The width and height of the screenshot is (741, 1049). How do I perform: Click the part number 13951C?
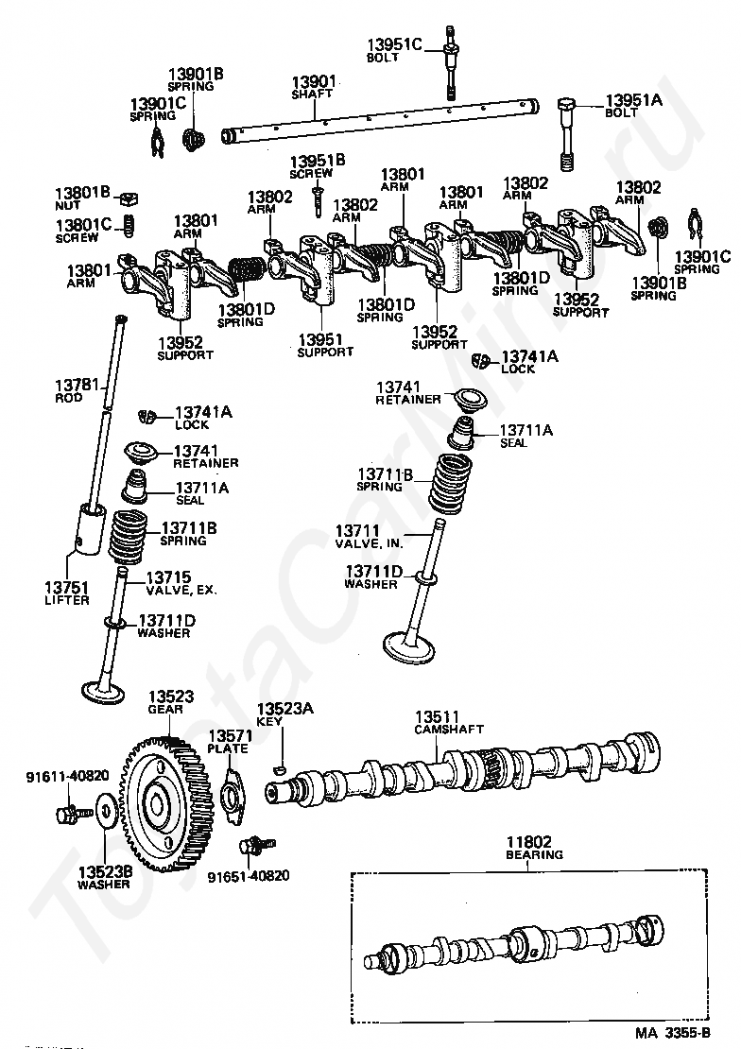pyautogui.click(x=394, y=44)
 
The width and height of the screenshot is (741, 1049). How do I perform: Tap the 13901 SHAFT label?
pyautogui.click(x=313, y=88)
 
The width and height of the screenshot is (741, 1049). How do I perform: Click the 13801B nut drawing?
pyautogui.click(x=129, y=198)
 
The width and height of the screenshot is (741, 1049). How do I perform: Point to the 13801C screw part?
pyautogui.click(x=129, y=226)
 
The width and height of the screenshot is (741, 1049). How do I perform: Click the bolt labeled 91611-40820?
pyautogui.click(x=72, y=814)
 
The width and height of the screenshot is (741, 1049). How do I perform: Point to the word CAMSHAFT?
pyautogui.click(x=449, y=730)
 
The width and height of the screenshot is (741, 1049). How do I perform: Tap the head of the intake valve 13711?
pyautogui.click(x=409, y=647)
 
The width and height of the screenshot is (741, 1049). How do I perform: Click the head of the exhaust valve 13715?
pyautogui.click(x=103, y=692)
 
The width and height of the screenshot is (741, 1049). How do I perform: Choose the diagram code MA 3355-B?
pyautogui.click(x=672, y=1033)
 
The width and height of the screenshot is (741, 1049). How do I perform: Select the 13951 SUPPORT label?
pyautogui.click(x=325, y=346)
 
